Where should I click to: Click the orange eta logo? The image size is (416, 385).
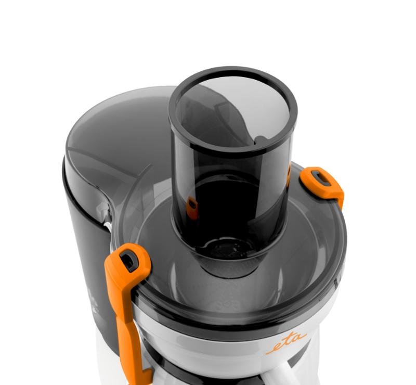[x=287, y=343]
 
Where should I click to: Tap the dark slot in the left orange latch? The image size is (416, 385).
[x=129, y=261]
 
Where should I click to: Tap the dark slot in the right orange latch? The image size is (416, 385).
[x=321, y=178]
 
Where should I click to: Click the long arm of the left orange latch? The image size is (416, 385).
[x=127, y=324]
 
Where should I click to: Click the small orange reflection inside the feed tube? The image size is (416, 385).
[x=192, y=208]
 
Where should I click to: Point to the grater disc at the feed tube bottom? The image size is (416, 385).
[x=227, y=248]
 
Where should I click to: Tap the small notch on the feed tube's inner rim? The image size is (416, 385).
[x=260, y=139]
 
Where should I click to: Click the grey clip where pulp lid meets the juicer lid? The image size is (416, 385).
[x=103, y=211]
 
